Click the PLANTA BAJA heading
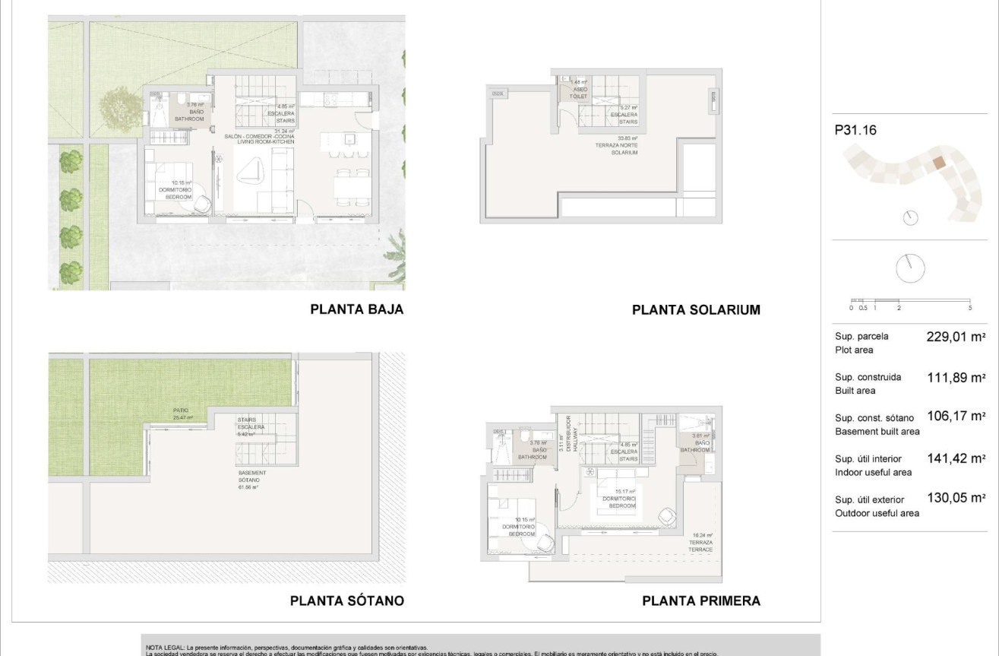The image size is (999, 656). click(356, 309)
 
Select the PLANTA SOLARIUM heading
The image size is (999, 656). click(696, 309)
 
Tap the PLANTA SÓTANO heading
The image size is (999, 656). click(346, 601)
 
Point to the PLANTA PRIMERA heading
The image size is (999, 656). click(700, 601)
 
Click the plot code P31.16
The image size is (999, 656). click(855, 130)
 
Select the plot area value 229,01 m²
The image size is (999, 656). click(956, 337)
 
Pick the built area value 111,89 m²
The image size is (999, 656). click(956, 377)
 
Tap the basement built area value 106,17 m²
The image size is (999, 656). click(956, 417)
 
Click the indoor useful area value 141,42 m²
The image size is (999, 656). click(956, 458)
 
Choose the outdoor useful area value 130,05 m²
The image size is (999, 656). click(956, 499)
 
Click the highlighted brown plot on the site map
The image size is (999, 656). click(939, 162)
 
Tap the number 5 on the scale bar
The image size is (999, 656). click(970, 308)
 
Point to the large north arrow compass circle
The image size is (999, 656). click(911, 268)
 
